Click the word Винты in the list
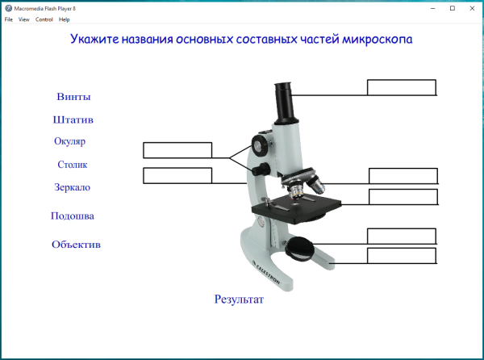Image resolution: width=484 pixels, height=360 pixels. point(73,97)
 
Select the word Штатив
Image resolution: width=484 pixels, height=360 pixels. point(73,119)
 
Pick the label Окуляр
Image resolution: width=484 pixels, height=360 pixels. point(69,141)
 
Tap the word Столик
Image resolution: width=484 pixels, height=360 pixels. point(72,165)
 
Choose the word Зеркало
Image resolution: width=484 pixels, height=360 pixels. point(72,187)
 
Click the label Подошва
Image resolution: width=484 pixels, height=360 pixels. point(73,216)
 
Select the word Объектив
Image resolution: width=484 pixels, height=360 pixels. point(76,244)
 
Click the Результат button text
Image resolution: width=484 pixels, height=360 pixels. point(239,299)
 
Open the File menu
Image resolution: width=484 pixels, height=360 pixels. point(9,19)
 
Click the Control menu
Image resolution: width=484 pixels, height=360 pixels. point(44,19)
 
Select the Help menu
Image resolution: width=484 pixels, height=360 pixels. point(65,19)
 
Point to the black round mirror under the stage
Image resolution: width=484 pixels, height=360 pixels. point(301,248)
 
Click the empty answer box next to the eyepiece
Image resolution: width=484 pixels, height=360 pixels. point(402,87)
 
